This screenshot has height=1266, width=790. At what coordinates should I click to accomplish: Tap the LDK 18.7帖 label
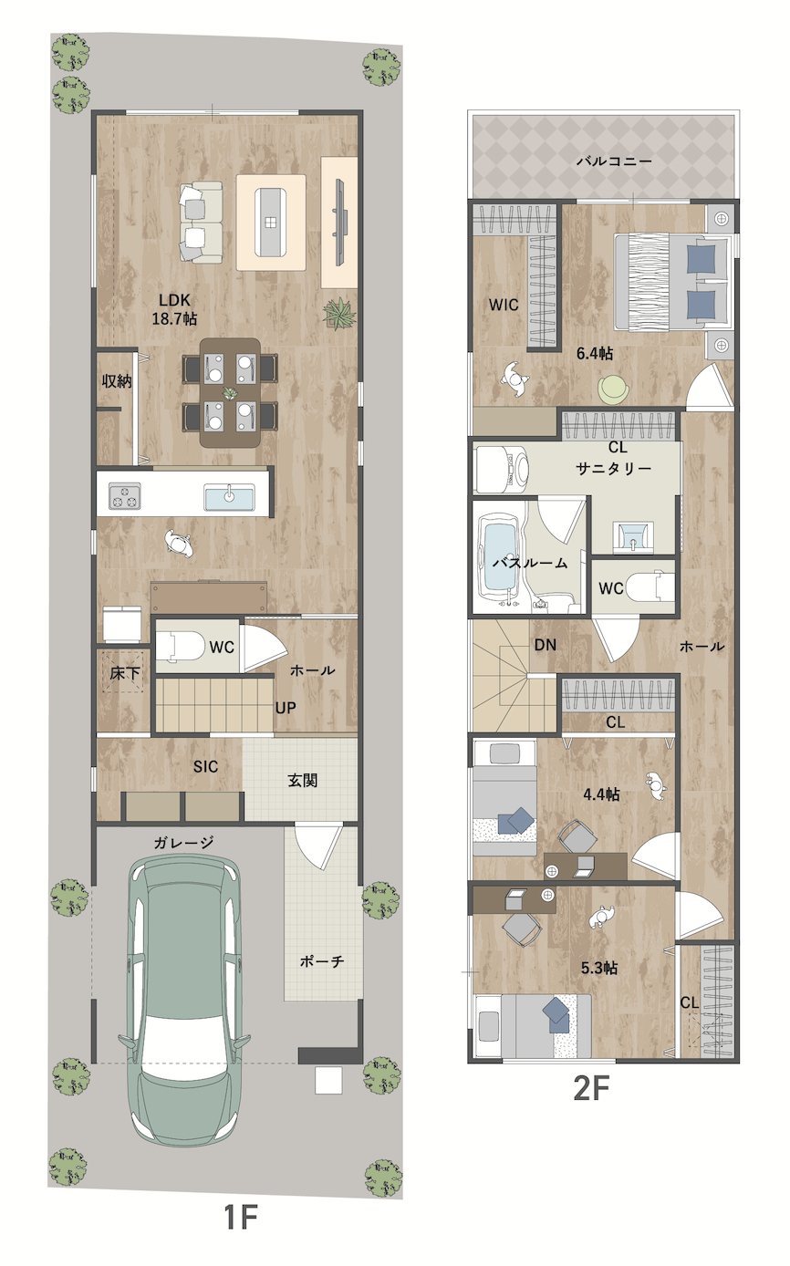click(174, 309)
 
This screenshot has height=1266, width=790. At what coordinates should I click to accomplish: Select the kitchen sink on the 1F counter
click(229, 497)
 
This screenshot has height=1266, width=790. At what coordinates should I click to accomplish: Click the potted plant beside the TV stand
click(339, 315)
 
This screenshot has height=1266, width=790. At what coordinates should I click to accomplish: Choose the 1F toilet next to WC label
click(179, 646)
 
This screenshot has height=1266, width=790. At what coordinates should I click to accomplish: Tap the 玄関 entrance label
click(302, 781)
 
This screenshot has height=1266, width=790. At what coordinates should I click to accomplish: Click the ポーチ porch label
click(321, 960)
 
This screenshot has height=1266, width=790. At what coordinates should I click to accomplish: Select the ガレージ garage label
click(183, 843)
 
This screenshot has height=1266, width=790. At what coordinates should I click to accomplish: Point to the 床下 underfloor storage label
click(125, 673)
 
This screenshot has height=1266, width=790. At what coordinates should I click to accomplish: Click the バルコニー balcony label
click(614, 161)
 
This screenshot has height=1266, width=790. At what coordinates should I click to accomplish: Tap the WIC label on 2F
click(504, 305)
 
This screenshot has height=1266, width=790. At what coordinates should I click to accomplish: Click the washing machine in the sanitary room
click(501, 469)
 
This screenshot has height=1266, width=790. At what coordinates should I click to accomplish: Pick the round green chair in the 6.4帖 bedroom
click(615, 390)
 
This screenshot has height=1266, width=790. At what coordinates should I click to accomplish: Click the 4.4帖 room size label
click(601, 794)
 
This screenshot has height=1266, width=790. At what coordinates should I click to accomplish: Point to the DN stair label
click(546, 644)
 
